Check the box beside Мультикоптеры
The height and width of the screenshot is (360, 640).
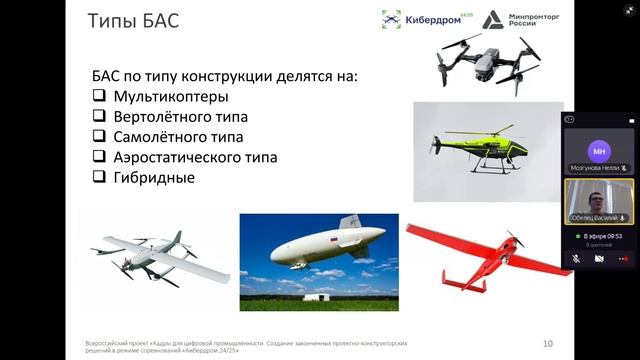point(98,97)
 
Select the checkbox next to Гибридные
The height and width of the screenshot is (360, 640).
point(98,177)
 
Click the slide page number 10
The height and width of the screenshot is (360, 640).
point(547,341)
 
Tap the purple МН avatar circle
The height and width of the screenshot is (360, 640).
point(599,151)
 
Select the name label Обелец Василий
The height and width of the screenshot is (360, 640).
point(594,217)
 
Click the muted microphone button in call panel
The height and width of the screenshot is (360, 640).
point(576,258)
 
